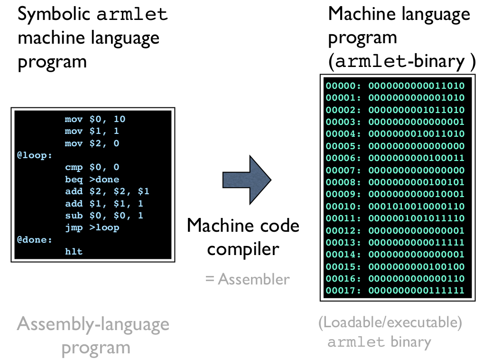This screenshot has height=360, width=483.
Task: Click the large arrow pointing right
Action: (246, 180)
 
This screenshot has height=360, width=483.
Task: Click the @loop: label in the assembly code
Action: (35, 155)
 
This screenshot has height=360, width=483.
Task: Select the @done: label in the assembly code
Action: (35, 240)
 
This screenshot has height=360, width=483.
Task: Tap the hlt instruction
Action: (74, 252)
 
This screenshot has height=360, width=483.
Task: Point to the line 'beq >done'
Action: (92, 180)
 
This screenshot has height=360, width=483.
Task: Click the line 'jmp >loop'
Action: (92, 227)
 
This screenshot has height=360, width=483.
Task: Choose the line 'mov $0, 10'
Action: (95, 119)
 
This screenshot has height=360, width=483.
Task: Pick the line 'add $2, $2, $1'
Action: (107, 191)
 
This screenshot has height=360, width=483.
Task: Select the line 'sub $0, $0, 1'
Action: (104, 216)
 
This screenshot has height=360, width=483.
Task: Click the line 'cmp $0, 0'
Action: (92, 167)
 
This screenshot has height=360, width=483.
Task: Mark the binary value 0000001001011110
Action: (417, 218)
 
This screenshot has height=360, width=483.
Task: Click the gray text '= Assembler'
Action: (247, 279)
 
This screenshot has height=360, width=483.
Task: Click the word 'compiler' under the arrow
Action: (243, 248)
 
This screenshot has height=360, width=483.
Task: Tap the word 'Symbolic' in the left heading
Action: (54, 14)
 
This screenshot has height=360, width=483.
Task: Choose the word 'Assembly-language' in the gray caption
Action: (93, 324)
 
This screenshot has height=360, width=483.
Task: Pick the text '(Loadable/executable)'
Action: (390, 322)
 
